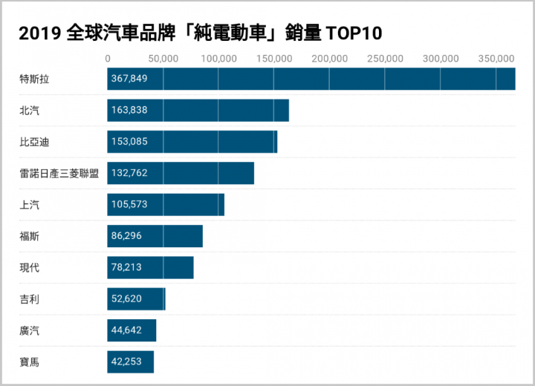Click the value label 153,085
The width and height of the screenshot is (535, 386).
[129, 142]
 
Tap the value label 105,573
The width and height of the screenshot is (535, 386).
[129, 205]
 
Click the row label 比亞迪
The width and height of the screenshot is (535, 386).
[34, 142]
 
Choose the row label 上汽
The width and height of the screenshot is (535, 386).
[30, 205]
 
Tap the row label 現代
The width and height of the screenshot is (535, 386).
[30, 268]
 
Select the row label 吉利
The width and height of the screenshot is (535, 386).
[30, 299]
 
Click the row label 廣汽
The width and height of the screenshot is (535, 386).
[30, 331]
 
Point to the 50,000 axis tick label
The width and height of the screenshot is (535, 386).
[163, 59]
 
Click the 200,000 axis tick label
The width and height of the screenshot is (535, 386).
[329, 59]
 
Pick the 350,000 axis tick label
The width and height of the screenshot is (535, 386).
[496, 59]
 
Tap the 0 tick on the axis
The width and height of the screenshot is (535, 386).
[108, 59]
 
